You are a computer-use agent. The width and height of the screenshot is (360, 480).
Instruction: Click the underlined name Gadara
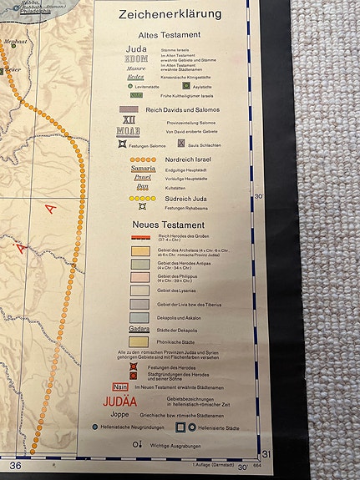coord(139,329)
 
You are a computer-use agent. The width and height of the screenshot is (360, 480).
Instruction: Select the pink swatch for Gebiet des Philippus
coord(139,276)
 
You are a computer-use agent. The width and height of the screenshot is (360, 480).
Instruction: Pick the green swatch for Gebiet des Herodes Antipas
coord(139,263)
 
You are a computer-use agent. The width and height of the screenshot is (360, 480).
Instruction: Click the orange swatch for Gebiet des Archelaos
coord(139,250)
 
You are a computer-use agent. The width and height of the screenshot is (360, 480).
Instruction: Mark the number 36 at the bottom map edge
coord(15,465)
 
